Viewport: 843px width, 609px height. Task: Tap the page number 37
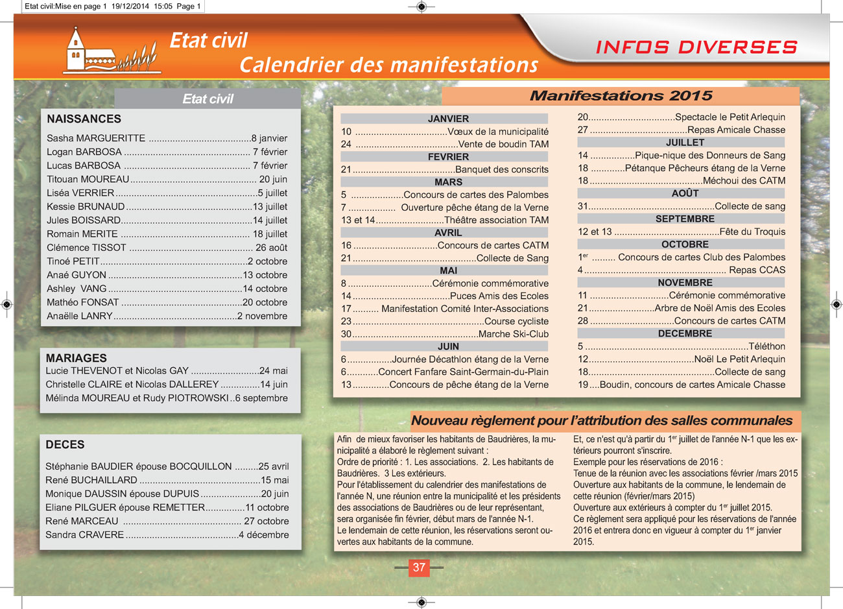tap(419, 567)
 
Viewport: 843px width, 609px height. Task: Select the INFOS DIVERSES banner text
tap(696, 47)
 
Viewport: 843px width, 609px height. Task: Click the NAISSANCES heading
tap(84, 119)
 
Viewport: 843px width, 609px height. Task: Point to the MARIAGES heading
tap(76, 358)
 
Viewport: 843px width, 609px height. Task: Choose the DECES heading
tap(65, 445)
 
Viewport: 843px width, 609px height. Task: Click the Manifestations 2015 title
tap(621, 96)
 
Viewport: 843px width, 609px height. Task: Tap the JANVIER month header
tap(448, 119)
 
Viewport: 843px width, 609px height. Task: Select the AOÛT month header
tap(685, 193)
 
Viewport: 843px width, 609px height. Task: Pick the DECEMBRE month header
tap(685, 333)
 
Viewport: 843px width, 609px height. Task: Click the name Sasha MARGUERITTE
tap(96, 138)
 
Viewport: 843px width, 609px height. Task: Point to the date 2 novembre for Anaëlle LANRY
tap(262, 316)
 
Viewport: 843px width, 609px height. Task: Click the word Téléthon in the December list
tap(766, 346)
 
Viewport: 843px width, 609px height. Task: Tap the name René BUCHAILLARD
tap(91, 481)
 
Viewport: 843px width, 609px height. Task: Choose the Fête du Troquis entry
tap(752, 232)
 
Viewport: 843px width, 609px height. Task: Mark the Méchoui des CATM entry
tap(744, 181)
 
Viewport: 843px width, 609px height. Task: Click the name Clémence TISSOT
tap(86, 248)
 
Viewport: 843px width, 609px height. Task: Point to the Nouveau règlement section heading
tap(602, 421)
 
